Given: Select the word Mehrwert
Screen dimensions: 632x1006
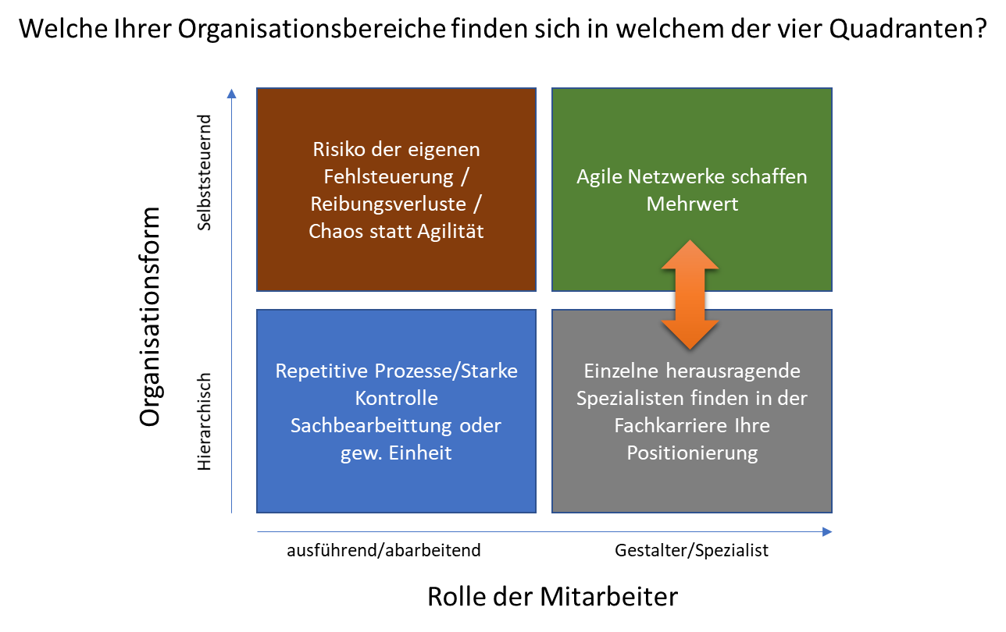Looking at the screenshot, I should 691,204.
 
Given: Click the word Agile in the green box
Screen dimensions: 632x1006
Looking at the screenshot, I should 600,176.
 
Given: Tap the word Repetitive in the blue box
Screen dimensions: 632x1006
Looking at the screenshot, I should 323,371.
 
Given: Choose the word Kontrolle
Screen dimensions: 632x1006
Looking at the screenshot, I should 396,398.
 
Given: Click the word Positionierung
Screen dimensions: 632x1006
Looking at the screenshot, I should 692,453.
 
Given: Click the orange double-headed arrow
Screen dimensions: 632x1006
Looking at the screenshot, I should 690,294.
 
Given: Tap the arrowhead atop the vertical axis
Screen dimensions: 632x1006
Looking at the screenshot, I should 231,94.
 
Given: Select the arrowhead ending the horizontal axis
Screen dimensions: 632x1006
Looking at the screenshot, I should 827,532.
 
